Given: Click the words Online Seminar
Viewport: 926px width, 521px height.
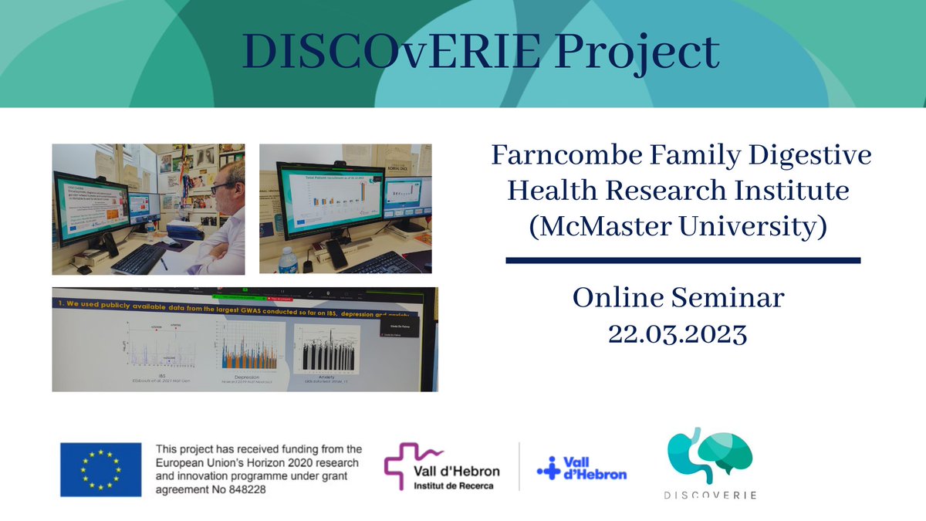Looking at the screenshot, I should [677, 298].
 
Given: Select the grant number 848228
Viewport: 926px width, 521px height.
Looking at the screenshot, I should [243, 490].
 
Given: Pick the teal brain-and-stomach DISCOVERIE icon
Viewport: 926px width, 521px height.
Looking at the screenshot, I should [709, 456].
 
